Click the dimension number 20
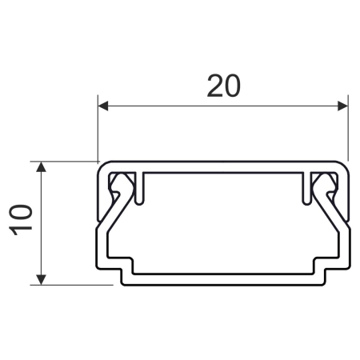pyautogui.click(x=223, y=85)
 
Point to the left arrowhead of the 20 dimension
pyautogui.click(x=102, y=105)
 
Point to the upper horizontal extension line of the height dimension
pyautogui.click(x=68, y=162)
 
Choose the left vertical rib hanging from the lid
pyautogui.click(x=143, y=186)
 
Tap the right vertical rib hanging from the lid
pyautogui.click(x=304, y=186)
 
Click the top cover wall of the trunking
pyautogui.click(x=223, y=166)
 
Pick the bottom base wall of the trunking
pyautogui.click(x=223, y=281)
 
